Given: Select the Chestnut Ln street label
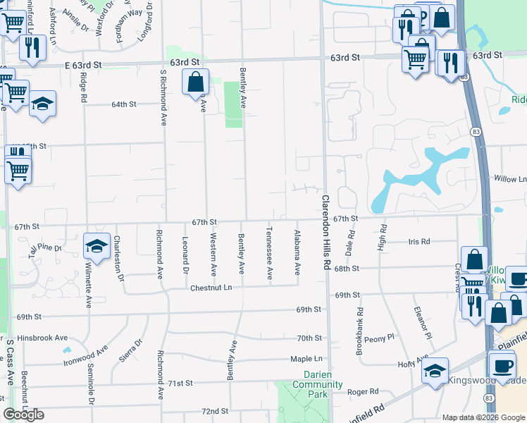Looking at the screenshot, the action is (211, 288).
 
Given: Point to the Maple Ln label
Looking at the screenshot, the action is (306, 359).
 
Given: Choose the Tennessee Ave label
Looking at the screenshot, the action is (269, 253).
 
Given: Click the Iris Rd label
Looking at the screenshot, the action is (418, 242).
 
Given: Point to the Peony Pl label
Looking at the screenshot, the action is (380, 338).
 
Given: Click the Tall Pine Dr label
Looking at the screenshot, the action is (45, 248).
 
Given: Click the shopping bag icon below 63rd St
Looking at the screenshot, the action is (195, 82).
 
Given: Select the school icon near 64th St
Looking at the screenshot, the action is (42, 104).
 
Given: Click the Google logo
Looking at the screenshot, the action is (23, 415).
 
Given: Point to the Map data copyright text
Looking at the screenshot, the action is (483, 417).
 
